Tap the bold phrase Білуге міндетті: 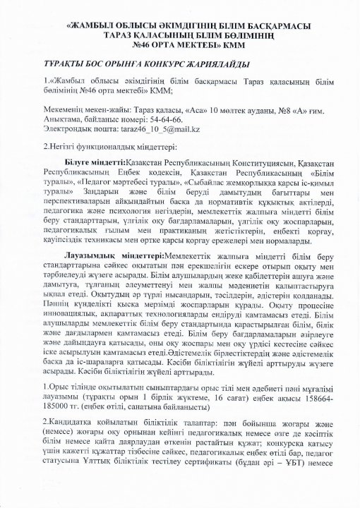point(92,162)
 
